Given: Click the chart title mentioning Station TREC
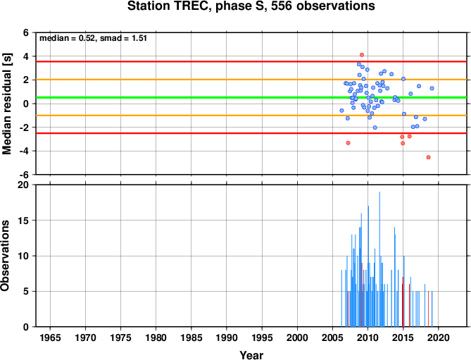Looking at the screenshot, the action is pos(251,6).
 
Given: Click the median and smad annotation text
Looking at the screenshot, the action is pos(93,38).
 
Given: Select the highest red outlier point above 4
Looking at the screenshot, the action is pos(362,55).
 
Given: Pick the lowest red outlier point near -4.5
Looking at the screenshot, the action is pos(428,157).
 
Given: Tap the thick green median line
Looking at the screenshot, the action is pos(251,97).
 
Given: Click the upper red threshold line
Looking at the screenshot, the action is pos(251,61).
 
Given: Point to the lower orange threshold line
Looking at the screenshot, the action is pos(251,116).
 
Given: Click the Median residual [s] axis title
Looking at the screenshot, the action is pos(6,104).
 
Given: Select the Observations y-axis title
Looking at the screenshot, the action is pos(5,256).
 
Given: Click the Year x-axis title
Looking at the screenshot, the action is pos(251,355).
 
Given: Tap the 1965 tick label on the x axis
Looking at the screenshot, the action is pos(50,337).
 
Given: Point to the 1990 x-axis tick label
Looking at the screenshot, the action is pos(227,337).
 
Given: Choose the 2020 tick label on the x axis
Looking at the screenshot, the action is pos(438,337).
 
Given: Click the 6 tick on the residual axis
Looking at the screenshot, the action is pos(26,32).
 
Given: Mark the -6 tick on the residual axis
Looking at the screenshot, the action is pos(24,175).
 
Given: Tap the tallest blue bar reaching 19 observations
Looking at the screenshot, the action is pos(379,259).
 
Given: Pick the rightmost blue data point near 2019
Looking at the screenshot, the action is pos(432,88).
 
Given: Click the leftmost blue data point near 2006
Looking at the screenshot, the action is pos(341,111).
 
